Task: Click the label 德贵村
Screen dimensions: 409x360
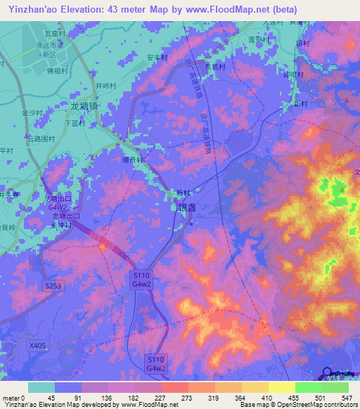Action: [x=133, y=160]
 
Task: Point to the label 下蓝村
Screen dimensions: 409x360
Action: [x=75, y=123]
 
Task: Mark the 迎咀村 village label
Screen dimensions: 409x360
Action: [x=291, y=74]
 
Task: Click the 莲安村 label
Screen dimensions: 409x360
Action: [x=259, y=40]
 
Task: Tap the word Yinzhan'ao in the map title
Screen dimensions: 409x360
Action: [x=29, y=9]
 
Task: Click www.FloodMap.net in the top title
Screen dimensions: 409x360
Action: [x=226, y=9]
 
